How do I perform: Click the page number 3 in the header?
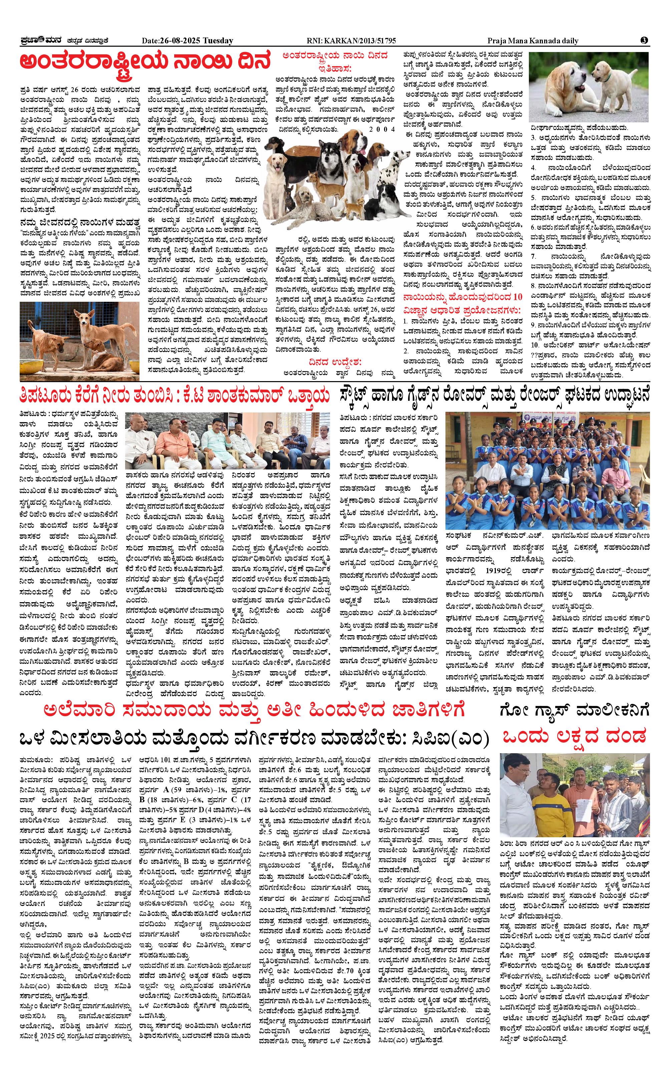click(644, 40)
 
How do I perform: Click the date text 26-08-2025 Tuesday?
click(188, 41)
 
